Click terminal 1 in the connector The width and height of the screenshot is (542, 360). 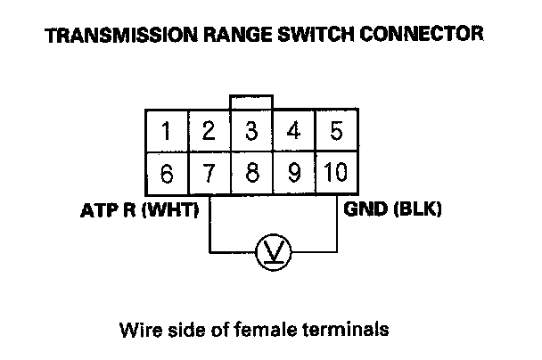pos(167,132)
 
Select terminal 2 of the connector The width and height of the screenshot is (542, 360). pos(209,132)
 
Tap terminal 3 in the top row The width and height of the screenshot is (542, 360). pos(252,132)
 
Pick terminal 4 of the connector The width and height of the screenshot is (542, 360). pos(294,132)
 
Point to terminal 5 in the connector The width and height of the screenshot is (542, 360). pos(336,132)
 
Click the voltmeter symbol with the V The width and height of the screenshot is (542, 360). pos(272,254)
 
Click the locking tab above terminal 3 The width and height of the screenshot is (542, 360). pos(252,102)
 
